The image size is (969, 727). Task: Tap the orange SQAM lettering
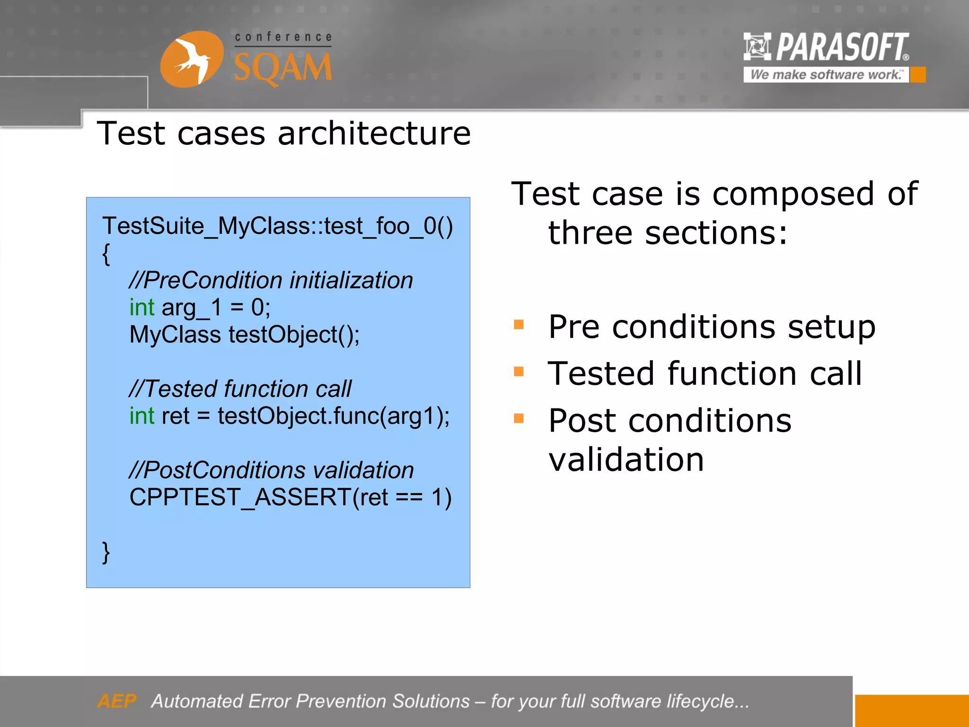(283, 68)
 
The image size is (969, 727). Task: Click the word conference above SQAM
(283, 37)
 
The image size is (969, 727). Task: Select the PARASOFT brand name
(842, 47)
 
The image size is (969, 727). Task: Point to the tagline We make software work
(826, 75)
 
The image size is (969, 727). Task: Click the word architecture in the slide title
(374, 133)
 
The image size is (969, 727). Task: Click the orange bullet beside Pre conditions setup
(519, 325)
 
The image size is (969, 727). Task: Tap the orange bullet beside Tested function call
(519, 372)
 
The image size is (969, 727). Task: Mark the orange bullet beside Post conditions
(519, 418)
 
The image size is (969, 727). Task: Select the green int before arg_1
(142, 308)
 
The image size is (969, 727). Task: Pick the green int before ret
(142, 416)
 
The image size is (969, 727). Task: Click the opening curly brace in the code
(106, 254)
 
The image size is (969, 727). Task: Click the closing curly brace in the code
(106, 552)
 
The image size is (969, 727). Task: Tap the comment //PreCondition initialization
(271, 280)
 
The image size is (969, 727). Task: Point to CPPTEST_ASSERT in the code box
(239, 497)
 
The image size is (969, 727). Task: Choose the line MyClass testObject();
(244, 335)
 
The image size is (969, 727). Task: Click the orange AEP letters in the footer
(117, 701)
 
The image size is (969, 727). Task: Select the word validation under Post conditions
(626, 460)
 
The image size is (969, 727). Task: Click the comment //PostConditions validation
(271, 470)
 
